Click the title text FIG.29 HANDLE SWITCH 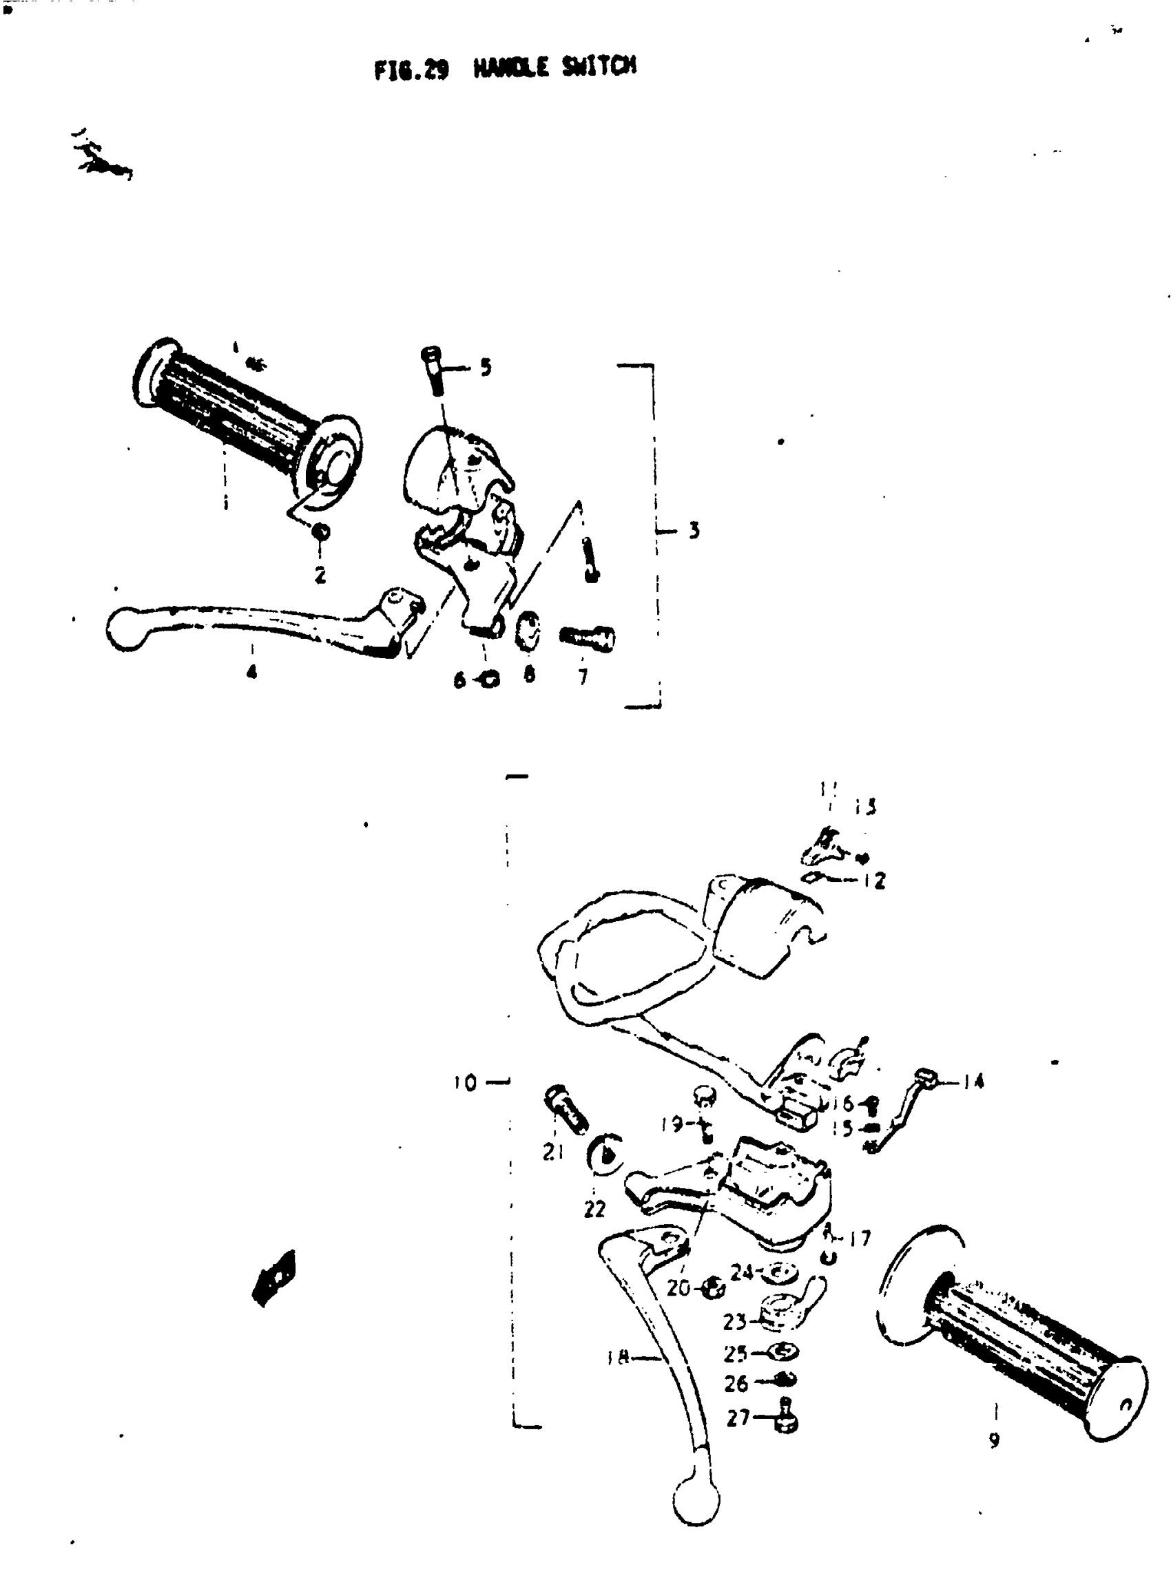click(506, 69)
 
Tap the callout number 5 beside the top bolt click(486, 367)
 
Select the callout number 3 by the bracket click(694, 530)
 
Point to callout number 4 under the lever click(251, 671)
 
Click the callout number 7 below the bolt click(583, 677)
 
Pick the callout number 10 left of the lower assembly click(466, 1083)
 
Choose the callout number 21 click(553, 1152)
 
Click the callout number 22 click(594, 1209)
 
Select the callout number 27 click(738, 1418)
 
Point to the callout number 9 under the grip click(994, 1440)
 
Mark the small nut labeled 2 click(320, 532)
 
